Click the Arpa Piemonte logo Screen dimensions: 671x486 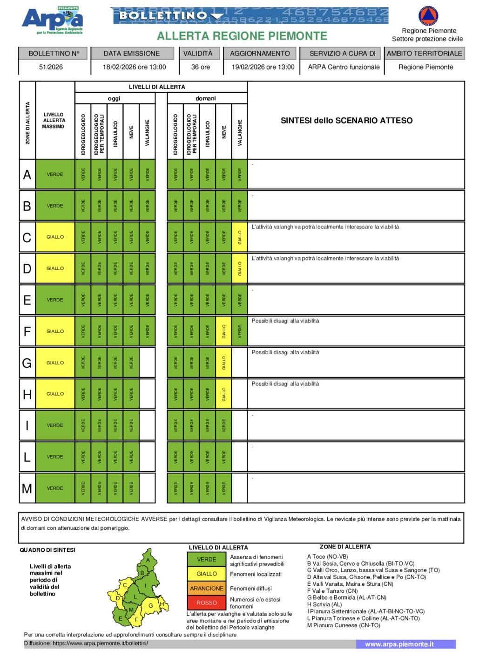coord(53,21)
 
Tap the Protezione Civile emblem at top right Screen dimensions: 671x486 coord(428,16)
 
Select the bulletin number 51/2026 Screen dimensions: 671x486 coord(51,67)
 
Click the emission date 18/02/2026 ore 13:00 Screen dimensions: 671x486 coord(134,67)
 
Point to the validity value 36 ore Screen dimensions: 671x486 coord(200,67)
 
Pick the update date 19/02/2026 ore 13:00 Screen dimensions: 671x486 coord(263,67)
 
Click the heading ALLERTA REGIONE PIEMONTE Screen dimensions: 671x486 coord(242,36)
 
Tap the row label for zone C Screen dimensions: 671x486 coord(27,237)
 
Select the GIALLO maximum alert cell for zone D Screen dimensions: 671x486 coord(55,268)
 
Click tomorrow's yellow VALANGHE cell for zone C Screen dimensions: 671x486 coord(240,237)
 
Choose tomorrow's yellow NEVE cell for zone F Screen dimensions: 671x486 coord(223,331)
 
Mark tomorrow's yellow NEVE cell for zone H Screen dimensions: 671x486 coord(223,394)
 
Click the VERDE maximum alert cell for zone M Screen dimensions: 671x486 coord(55,488)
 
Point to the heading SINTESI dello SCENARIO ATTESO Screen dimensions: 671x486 coord(346,121)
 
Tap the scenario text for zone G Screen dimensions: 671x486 coord(285,352)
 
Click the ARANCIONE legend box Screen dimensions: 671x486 coord(207,588)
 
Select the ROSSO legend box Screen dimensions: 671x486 coord(207,603)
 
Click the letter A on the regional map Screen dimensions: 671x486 coord(148,560)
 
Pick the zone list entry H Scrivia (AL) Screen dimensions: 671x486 coord(324,604)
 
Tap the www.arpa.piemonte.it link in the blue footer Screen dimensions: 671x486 coord(399,644)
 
